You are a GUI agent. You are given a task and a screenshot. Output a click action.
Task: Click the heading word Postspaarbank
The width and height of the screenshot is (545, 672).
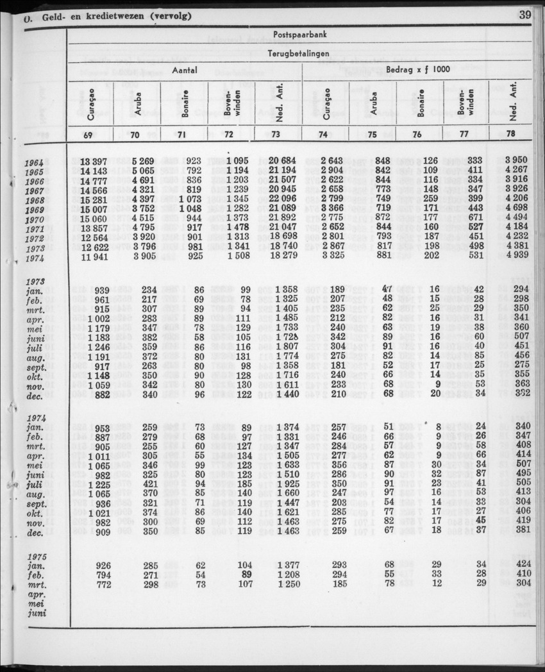point(300,35)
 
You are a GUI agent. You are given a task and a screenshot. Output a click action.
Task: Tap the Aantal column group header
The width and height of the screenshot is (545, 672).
point(184,72)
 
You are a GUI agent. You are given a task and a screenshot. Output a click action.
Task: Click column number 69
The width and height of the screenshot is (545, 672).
point(91,135)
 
